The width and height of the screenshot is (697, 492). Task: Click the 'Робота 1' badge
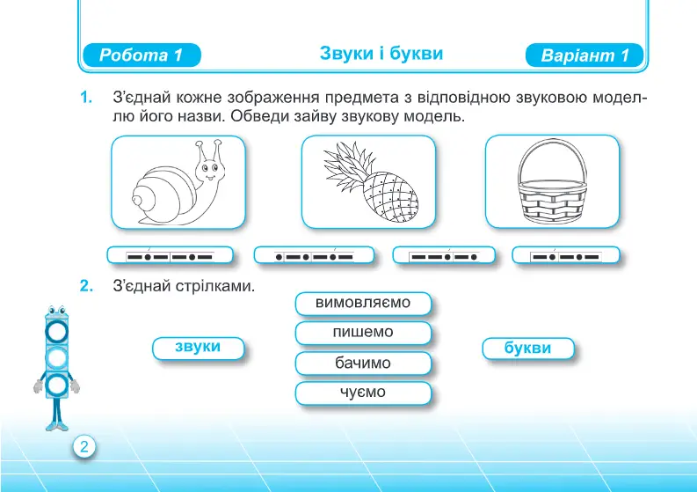[142, 55]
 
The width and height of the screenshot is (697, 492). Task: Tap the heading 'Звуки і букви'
[381, 54]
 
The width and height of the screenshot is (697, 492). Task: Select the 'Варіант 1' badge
[584, 55]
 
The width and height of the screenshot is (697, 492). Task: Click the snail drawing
[178, 183]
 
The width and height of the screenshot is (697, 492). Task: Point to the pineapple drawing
[370, 182]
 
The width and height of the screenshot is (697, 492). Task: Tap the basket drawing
[552, 181]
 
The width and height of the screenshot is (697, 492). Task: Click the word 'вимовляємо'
[363, 303]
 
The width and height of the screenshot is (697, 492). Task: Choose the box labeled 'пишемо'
[363, 333]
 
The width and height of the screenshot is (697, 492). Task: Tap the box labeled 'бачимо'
[363, 363]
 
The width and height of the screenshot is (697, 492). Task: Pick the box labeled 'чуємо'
[363, 393]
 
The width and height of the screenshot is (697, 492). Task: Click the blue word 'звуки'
[198, 347]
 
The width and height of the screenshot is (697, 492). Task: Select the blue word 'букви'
[527, 348]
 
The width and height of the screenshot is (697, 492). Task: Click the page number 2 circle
[84, 446]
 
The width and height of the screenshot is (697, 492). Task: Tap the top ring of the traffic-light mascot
[57, 331]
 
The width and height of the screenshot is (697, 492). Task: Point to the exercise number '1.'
[87, 97]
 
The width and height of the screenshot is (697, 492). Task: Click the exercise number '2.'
[87, 286]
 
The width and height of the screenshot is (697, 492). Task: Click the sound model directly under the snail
[170, 255]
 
